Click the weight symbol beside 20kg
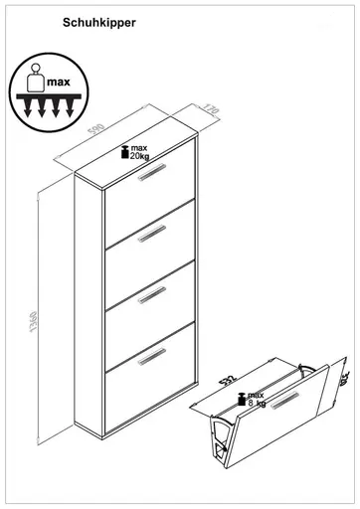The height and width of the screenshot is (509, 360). (123, 151)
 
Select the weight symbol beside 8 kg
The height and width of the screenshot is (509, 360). (242, 402)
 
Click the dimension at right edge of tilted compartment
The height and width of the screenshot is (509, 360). (344, 376)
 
